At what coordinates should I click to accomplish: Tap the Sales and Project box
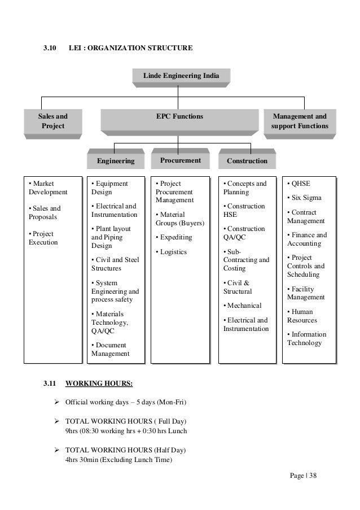coord(51,121)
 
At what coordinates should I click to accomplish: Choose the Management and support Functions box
coord(299,121)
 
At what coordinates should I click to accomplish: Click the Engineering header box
coord(116,161)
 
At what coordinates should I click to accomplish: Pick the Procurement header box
coord(181,160)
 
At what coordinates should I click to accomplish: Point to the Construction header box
coord(247,161)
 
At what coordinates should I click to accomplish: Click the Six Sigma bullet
coord(302,198)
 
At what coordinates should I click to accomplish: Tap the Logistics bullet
coord(173,252)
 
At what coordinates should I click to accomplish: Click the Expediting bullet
coord(174,238)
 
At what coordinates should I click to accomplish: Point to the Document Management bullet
coord(110,349)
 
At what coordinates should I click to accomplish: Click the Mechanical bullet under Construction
coord(243,306)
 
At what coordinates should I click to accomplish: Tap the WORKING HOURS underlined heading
coord(99,385)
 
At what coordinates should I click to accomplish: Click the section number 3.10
coord(50,49)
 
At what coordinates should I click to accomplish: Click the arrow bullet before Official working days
coord(57,403)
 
